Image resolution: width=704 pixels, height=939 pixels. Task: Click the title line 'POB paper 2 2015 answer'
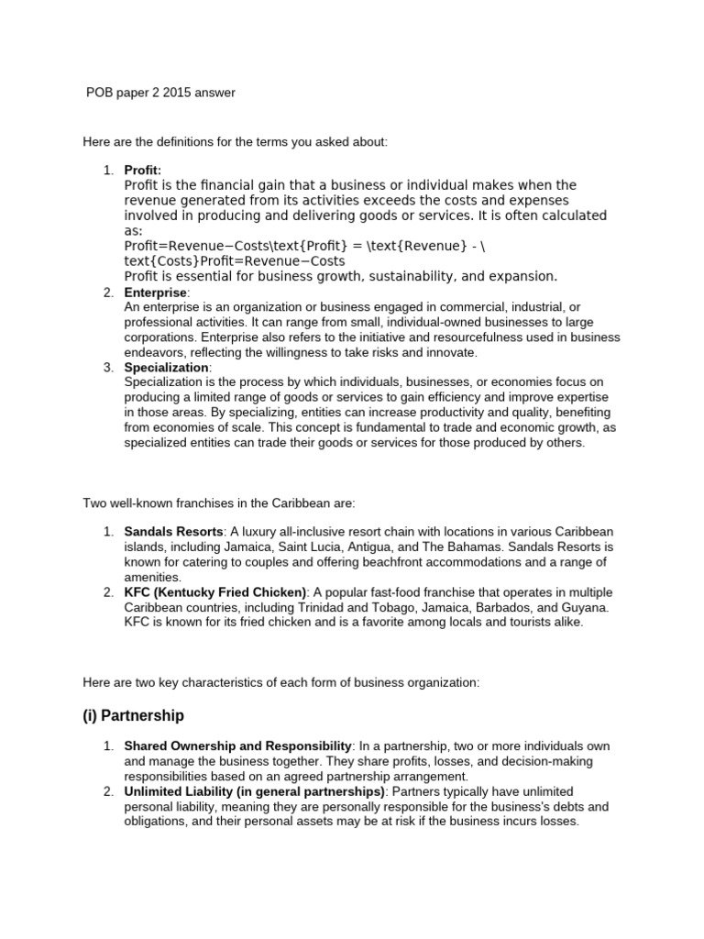click(x=160, y=93)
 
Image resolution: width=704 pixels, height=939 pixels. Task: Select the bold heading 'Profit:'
click(x=143, y=171)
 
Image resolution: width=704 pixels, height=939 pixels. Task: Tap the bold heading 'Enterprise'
click(x=155, y=292)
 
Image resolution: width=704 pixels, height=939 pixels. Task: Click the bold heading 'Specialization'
click(x=166, y=367)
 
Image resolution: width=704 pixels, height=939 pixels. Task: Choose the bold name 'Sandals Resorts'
click(x=173, y=532)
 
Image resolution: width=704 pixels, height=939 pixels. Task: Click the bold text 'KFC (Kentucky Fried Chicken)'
click(x=215, y=592)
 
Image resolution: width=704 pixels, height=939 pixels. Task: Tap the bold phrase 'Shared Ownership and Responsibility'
click(x=237, y=746)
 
